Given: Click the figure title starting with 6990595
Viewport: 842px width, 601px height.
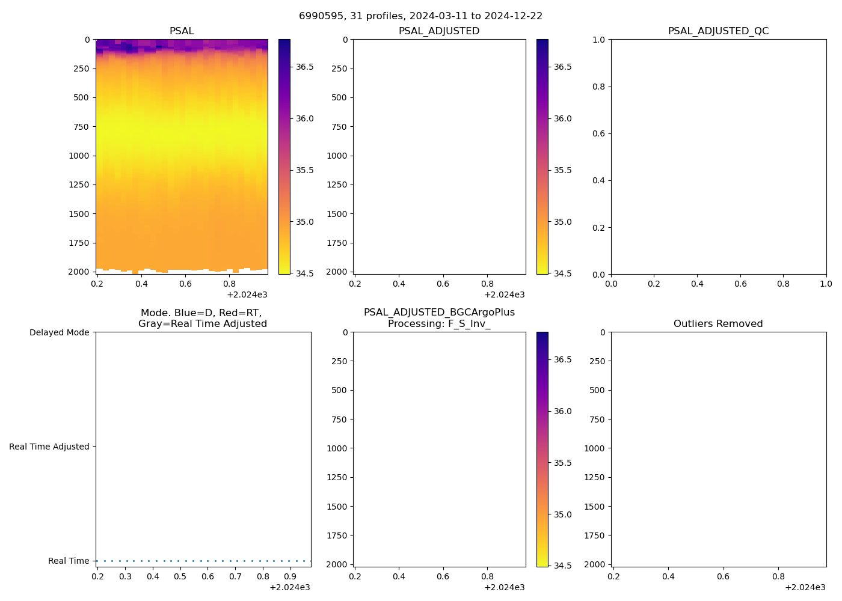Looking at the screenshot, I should pos(420,16).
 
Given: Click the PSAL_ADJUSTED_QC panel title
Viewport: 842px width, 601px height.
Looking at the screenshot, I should pos(718,31).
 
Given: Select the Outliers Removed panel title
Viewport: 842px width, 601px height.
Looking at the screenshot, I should pos(718,324).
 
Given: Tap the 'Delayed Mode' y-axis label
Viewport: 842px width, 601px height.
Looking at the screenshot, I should pos(59,333).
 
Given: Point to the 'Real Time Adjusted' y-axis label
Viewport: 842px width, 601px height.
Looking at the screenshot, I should pos(49,447).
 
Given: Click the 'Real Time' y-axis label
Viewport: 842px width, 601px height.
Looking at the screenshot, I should pos(69,561).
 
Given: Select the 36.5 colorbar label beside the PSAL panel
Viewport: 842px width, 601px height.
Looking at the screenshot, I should pos(304,67).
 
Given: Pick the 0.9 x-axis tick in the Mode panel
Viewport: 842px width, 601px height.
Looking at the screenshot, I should pos(290,577).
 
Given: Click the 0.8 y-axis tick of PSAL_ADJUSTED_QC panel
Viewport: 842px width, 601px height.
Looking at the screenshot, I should pos(597,87).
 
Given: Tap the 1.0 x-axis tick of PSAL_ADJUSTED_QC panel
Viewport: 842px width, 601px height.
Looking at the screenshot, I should pos(826,284).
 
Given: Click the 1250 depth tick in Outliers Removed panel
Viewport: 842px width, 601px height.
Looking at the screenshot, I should pos(594,477).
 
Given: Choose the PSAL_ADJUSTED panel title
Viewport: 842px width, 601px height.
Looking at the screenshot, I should pos(439,31).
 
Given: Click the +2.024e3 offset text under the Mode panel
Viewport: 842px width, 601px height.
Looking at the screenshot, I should pos(289,588).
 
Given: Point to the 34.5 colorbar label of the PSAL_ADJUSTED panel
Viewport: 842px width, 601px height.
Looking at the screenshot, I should pos(562,274).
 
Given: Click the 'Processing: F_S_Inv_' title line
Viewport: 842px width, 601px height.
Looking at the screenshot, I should pos(439,324).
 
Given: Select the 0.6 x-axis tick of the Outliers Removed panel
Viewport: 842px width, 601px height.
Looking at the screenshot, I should pos(723,577).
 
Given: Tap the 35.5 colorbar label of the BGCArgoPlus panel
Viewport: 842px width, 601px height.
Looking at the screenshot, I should pos(562,463).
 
